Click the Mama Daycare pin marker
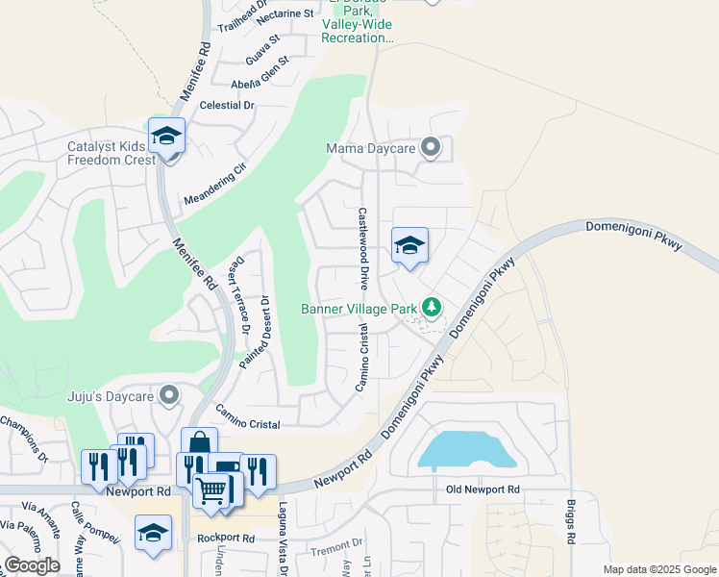click(431, 148)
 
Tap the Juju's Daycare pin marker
click(170, 394)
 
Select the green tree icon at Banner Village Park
click(433, 308)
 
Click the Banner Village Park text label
click(359, 309)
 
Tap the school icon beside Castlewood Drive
click(409, 246)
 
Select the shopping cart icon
click(211, 490)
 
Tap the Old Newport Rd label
click(483, 489)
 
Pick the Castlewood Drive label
click(363, 248)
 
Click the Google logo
click(32, 564)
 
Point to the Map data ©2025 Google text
click(658, 569)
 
